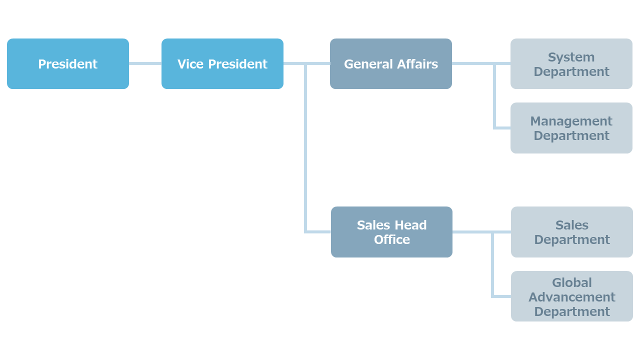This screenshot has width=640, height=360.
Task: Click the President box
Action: [x=68, y=63]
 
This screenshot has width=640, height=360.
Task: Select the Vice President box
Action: [x=222, y=63]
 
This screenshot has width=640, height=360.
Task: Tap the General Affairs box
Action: [x=391, y=63]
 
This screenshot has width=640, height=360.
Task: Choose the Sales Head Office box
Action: [x=391, y=232]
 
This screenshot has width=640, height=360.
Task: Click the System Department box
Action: [x=571, y=63]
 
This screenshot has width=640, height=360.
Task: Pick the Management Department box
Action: [x=571, y=128]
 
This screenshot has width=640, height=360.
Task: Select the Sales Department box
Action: [x=571, y=232]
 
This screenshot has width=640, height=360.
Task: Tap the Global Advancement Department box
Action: [x=571, y=296]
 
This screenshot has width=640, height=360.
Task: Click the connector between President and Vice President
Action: [x=145, y=63]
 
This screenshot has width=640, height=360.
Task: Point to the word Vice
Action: [x=190, y=64]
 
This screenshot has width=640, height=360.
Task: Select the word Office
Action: [x=392, y=239]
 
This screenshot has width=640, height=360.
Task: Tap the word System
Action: [x=571, y=57]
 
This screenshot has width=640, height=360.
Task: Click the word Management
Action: [x=571, y=121]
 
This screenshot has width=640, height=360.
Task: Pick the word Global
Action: [x=571, y=282]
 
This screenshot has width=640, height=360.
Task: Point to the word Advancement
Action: [x=571, y=297]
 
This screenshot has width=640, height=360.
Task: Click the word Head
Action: [x=411, y=225]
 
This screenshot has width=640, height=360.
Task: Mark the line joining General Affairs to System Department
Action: [x=481, y=63]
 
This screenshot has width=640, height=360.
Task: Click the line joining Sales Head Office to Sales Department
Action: [x=481, y=232]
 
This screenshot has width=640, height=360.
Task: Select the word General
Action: [x=368, y=64]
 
